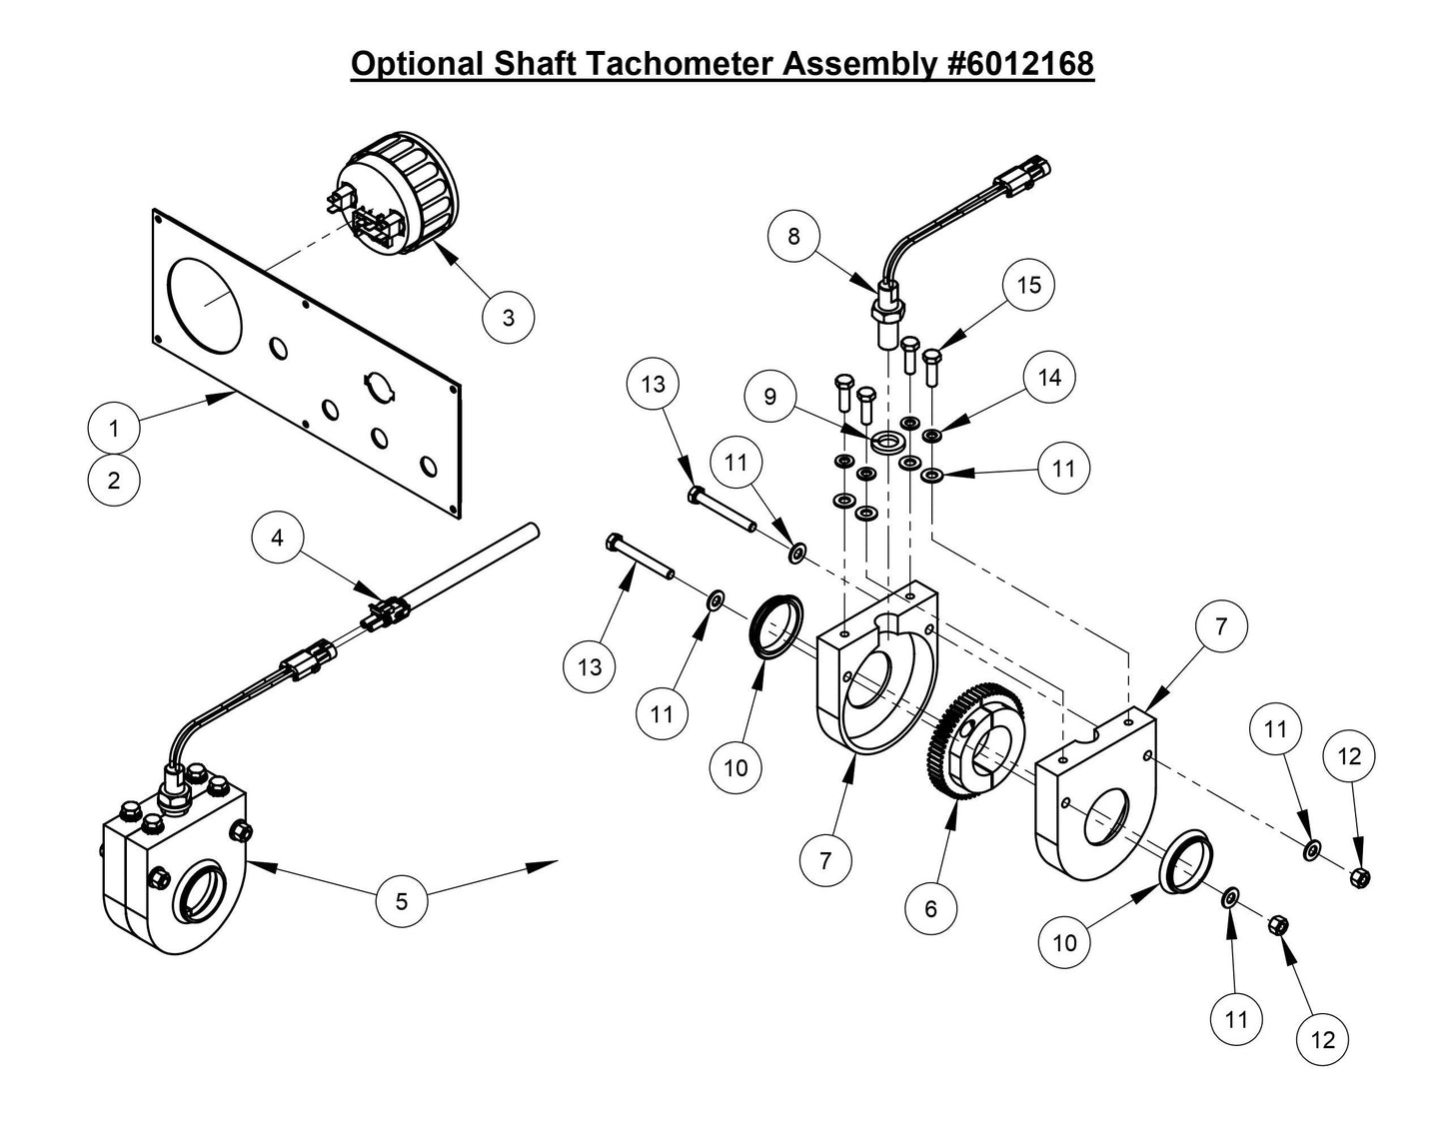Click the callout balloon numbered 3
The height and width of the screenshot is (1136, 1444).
point(508,318)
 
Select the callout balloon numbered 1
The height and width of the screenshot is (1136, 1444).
point(114,429)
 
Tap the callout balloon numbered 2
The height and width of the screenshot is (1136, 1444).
point(114,480)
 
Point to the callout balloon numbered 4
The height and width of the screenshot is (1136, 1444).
point(277,538)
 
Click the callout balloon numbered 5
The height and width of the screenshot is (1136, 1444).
point(402,901)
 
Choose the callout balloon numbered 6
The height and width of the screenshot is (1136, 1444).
point(931,908)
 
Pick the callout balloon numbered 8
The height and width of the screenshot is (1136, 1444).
point(794,236)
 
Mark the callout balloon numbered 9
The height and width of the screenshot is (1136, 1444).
point(769,397)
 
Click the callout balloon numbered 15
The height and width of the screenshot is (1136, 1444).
point(1028,285)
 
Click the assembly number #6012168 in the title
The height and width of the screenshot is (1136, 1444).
point(1018,63)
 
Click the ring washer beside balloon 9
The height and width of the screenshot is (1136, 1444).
point(887,441)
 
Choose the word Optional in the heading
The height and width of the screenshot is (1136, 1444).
point(418,63)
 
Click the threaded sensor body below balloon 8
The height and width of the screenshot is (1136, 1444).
point(885,316)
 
